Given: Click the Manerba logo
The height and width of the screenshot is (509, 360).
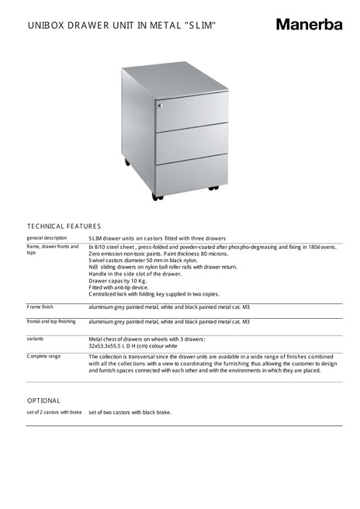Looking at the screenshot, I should (308, 25).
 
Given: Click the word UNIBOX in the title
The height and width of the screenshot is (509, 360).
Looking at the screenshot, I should (47, 26).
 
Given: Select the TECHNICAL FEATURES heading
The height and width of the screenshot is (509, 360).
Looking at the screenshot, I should (64, 225).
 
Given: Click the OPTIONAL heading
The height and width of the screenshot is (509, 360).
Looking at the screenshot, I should (43, 400).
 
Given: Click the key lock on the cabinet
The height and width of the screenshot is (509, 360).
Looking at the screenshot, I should (161, 105).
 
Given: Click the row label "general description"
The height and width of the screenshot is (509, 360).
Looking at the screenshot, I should (47, 237).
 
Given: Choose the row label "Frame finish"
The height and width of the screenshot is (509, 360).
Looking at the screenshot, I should (40, 307).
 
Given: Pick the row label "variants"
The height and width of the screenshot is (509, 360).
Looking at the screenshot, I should (35, 339).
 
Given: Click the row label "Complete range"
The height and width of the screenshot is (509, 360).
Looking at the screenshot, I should (43, 356).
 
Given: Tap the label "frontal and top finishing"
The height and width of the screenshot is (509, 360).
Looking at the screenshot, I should (51, 320).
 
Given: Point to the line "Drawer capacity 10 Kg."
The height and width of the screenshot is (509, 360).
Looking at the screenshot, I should (117, 281).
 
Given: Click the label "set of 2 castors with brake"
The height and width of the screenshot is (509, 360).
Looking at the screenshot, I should (54, 412).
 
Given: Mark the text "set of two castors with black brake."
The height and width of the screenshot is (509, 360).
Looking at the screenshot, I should (130, 412).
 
